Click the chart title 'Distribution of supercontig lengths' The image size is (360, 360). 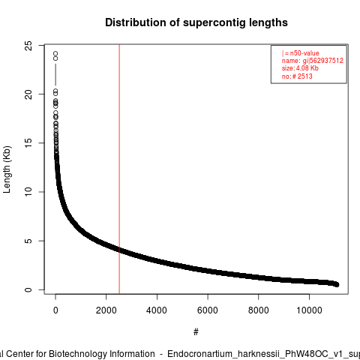click(196, 22)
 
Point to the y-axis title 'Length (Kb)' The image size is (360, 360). click(7, 169)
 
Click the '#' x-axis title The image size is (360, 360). click(196, 332)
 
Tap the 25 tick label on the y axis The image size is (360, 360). click(28, 46)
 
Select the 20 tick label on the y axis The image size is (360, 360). click(28, 94)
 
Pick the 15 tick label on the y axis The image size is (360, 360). click(28, 143)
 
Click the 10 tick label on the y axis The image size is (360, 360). click(28, 192)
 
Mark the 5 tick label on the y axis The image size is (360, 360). click(28, 241)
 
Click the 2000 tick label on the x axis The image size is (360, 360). click(106, 310)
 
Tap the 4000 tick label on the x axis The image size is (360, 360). click(157, 310)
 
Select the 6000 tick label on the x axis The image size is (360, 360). click(208, 310)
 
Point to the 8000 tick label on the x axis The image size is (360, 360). click(259, 310)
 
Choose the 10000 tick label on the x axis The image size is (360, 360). click(309, 310)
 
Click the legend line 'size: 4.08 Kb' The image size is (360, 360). click(300, 68)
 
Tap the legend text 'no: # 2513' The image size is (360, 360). click(297, 76)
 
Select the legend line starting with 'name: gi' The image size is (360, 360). click(313, 61)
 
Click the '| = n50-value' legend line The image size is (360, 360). click(301, 53)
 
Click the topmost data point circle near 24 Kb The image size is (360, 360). click(55, 53)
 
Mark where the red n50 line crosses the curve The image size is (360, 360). click(119, 250)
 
